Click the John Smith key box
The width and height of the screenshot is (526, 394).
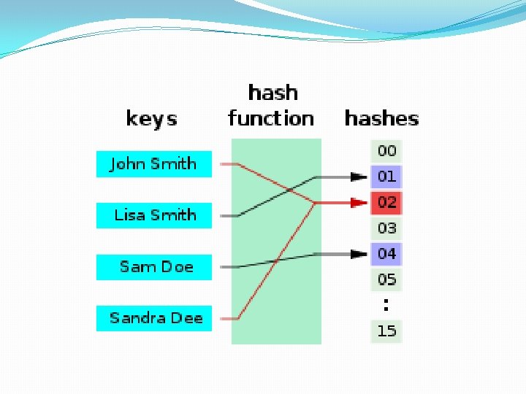coord(153,164)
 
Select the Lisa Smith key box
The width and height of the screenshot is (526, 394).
coord(153,215)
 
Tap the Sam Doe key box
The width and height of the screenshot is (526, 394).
coord(153,267)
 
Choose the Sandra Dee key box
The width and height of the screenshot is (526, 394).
coord(153,318)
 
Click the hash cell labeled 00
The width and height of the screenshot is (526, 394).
coord(386,151)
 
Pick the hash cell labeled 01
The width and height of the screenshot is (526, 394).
coord(386,177)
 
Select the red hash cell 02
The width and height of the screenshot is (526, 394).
coord(386,202)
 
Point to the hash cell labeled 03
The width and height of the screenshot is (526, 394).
coord(386,228)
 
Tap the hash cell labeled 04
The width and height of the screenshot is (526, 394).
coord(386,254)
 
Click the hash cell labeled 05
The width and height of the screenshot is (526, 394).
coord(386,279)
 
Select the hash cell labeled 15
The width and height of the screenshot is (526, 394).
coord(386,331)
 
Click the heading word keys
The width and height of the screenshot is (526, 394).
coord(151,118)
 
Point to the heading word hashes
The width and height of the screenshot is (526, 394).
coord(381,118)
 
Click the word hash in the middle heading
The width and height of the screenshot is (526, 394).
coord(273,93)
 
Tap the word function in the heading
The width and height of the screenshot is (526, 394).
coord(271,118)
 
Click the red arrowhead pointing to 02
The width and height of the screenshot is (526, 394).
coord(358,202)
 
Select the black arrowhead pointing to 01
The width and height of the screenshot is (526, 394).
coord(358,177)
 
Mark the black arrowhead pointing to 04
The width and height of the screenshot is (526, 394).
coord(358,254)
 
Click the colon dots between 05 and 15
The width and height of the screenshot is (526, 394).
coord(386,304)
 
